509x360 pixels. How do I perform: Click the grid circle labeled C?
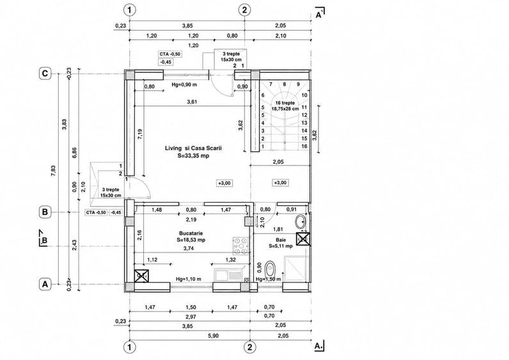click(x=45, y=74)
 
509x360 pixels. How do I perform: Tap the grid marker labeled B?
click(x=45, y=212)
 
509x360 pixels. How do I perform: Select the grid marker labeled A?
click(x=45, y=285)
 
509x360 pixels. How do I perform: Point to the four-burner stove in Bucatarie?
click(x=241, y=246)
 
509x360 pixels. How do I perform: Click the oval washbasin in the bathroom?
click(x=301, y=222)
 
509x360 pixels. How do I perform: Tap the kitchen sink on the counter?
click(x=228, y=275)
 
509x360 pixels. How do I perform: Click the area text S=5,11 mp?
click(x=281, y=246)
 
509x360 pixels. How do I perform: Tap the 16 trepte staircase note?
click(x=285, y=103)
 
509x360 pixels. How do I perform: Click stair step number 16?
click(x=304, y=146)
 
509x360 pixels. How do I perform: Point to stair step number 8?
click(x=285, y=84)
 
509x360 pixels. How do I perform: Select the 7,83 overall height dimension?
click(x=53, y=171)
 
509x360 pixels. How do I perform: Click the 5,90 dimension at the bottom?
click(x=213, y=336)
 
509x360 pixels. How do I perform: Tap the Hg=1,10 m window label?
click(x=188, y=279)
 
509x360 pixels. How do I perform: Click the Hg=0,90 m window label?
click(x=184, y=84)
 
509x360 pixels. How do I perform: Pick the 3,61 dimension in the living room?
click(x=192, y=102)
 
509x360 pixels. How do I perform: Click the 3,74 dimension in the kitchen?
click(x=189, y=249)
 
